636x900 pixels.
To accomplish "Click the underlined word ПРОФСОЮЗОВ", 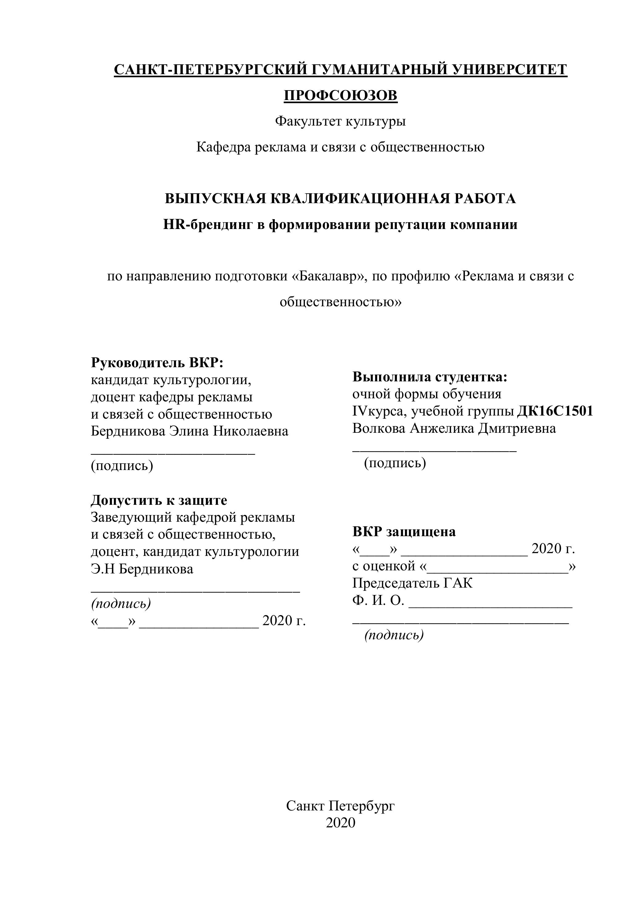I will [340, 95].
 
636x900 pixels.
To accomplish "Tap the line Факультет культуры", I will [340, 121].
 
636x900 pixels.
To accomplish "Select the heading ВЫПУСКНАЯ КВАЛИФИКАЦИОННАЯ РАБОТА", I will [340, 199].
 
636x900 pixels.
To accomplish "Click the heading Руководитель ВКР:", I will [157, 363].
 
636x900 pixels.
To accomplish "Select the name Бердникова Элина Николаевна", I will [189, 431].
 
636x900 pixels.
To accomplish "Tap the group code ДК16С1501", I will [555, 411].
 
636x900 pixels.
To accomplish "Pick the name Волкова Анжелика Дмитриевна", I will [454, 428].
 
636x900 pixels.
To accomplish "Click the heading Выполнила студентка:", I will [430, 377].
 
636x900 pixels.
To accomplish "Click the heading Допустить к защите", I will [159, 500].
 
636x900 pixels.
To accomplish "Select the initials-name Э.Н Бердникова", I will [142, 569].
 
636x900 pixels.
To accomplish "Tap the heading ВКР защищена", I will [404, 532].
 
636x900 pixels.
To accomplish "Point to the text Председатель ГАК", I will [412, 583].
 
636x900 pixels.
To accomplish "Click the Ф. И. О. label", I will [378, 601].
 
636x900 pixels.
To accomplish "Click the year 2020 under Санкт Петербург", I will [340, 823].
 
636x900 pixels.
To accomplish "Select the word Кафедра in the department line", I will [223, 147].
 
